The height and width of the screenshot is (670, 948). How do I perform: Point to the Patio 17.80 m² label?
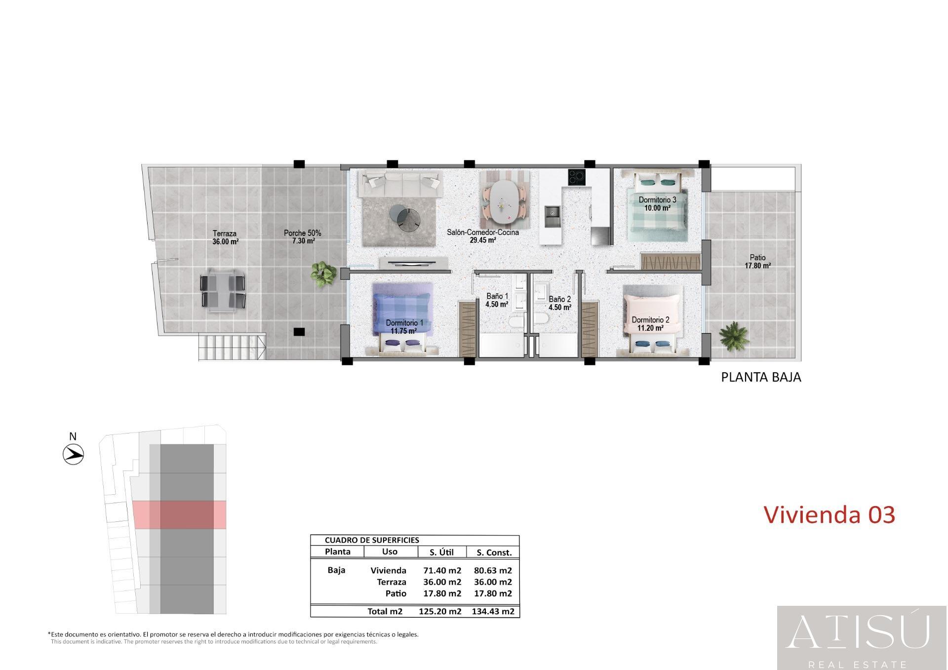[757, 261]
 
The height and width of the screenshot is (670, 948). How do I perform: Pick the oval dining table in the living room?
[503, 201]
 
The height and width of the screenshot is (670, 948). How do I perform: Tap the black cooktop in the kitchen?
[577, 177]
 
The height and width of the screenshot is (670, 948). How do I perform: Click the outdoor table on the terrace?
[223, 291]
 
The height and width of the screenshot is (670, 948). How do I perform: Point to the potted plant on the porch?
[323, 274]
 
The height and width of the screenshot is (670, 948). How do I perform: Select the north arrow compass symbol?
[74, 454]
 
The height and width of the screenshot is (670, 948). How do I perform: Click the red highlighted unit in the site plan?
[180, 514]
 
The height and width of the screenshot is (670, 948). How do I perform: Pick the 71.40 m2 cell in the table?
[442, 570]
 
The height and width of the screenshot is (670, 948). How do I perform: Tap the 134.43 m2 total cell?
[493, 611]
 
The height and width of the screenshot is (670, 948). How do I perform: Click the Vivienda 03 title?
[829, 514]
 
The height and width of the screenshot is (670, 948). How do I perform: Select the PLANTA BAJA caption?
[761, 377]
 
